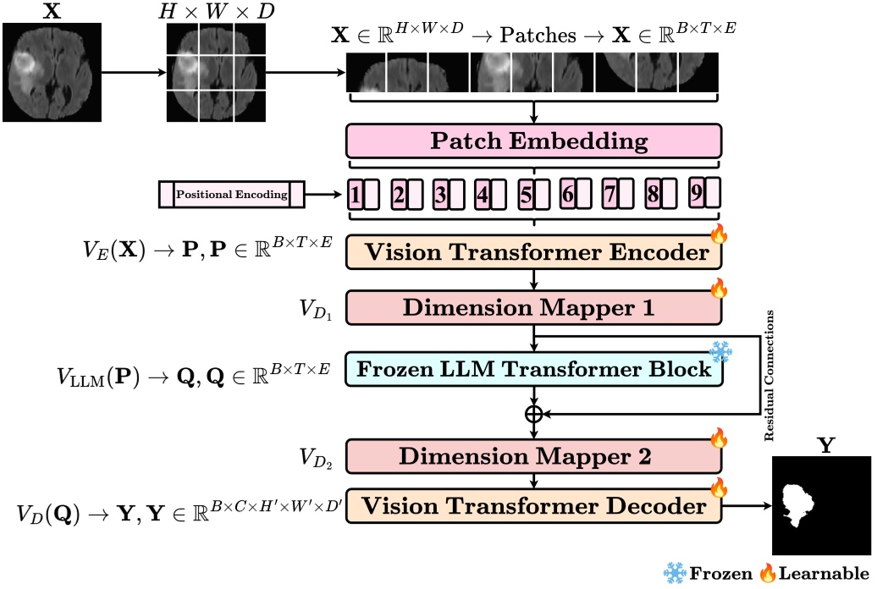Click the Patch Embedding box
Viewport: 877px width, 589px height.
pos(533,140)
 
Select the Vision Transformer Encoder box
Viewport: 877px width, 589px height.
pos(533,251)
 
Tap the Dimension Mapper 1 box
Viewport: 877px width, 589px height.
pos(533,306)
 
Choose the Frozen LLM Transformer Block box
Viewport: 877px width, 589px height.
pos(533,370)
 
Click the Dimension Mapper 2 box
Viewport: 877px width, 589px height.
pos(533,456)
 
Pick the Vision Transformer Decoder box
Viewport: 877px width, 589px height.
pos(533,506)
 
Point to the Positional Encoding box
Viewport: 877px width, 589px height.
pos(231,195)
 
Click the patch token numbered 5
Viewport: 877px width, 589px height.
pos(525,195)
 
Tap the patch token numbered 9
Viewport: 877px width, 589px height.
pos(697,193)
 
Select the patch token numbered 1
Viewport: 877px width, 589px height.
pos(356,195)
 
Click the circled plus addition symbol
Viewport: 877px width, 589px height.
pos(533,414)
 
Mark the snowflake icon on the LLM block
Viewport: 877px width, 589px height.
pos(720,351)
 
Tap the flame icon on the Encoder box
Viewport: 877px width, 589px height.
pos(719,234)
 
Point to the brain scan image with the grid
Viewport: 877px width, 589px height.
pos(215,71)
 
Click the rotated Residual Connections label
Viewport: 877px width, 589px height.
pos(769,375)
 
